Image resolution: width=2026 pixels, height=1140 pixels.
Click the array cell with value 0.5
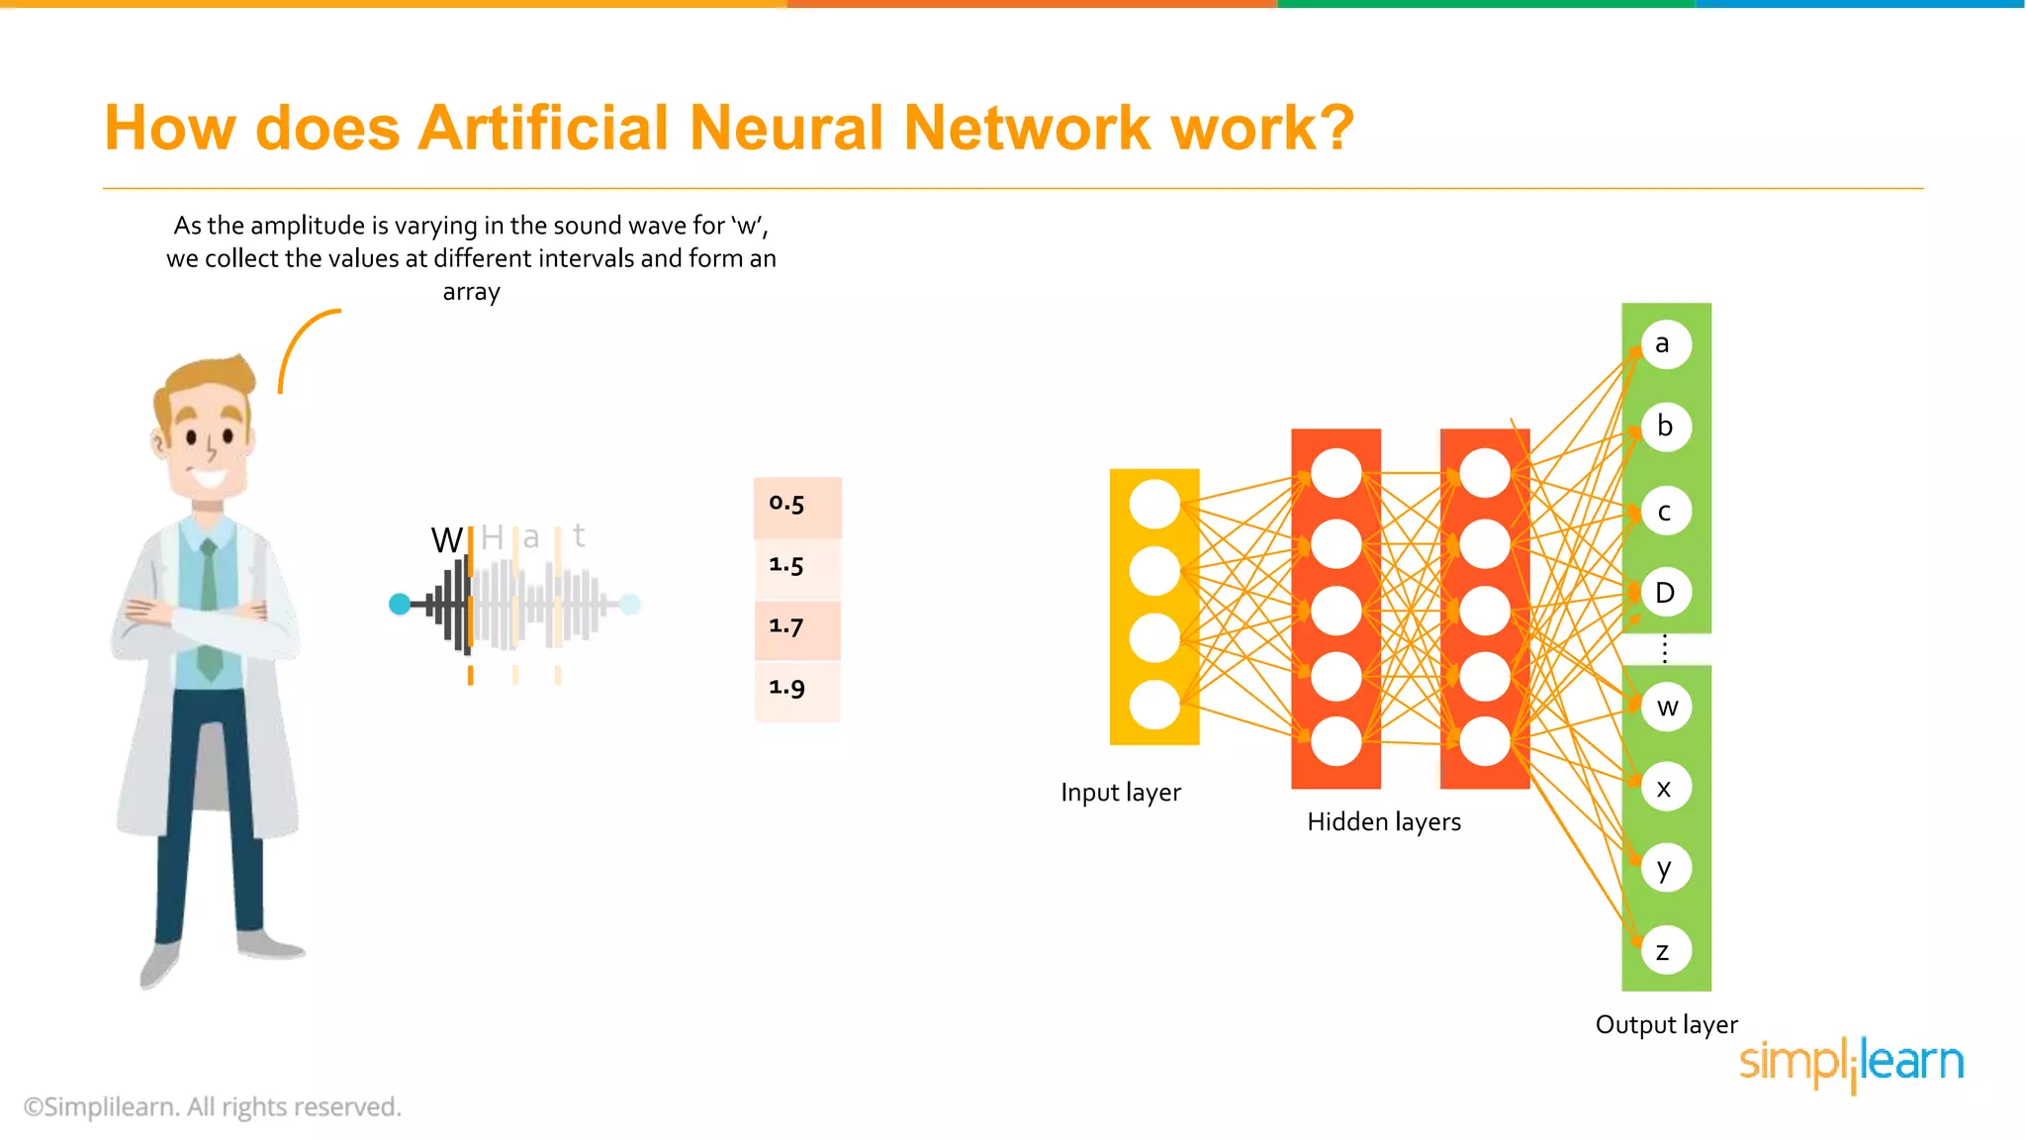tap(797, 506)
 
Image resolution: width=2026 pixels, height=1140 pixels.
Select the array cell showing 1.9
tap(797, 689)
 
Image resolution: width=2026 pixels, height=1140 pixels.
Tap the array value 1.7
tap(797, 628)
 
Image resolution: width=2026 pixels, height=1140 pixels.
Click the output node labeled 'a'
tap(1665, 344)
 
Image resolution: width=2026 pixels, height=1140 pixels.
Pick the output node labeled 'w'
tap(1667, 707)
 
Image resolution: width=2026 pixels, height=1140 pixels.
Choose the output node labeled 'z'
tap(1666, 951)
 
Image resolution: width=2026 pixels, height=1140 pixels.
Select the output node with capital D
tap(1666, 593)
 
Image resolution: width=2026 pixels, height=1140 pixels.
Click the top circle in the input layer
tap(1154, 504)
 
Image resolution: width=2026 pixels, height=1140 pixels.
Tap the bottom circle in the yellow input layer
tap(1154, 705)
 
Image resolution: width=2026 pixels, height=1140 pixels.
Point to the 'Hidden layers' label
tap(1383, 821)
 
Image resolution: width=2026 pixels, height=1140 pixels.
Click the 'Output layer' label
tap(1666, 1024)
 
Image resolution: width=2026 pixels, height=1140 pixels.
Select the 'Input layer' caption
tap(1120, 793)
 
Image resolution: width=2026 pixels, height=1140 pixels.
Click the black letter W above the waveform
tap(446, 540)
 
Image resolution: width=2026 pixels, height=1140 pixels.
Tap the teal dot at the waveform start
tap(400, 604)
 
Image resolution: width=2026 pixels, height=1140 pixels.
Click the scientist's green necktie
tap(209, 614)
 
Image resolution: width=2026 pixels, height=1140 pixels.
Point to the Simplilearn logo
tap(1851, 1064)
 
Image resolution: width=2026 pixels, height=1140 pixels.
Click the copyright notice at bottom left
tap(213, 1106)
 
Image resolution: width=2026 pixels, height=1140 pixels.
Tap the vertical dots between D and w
tap(1665, 649)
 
